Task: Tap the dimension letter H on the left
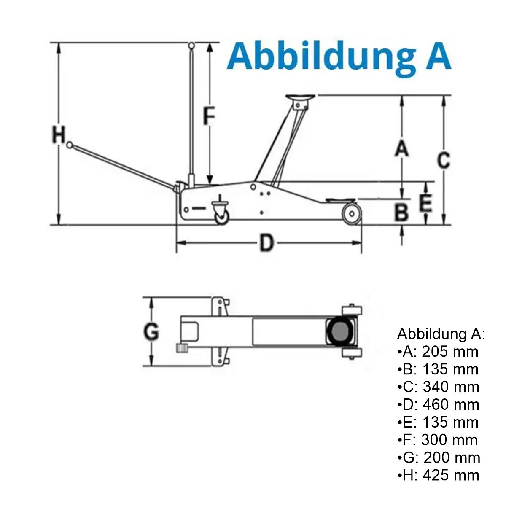tap(59, 135)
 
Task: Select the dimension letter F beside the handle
tap(209, 116)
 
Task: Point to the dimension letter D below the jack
tap(266, 243)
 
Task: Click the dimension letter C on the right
tap(443, 160)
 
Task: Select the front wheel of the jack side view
tap(350, 213)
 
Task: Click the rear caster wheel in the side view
tap(221, 216)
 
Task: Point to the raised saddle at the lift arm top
tap(300, 98)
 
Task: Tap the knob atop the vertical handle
tap(191, 45)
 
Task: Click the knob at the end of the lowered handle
tap(70, 145)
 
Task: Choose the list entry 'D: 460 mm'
tap(438, 404)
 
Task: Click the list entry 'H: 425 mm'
tap(438, 475)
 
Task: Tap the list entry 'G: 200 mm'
tap(439, 458)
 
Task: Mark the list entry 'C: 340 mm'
tap(438, 387)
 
